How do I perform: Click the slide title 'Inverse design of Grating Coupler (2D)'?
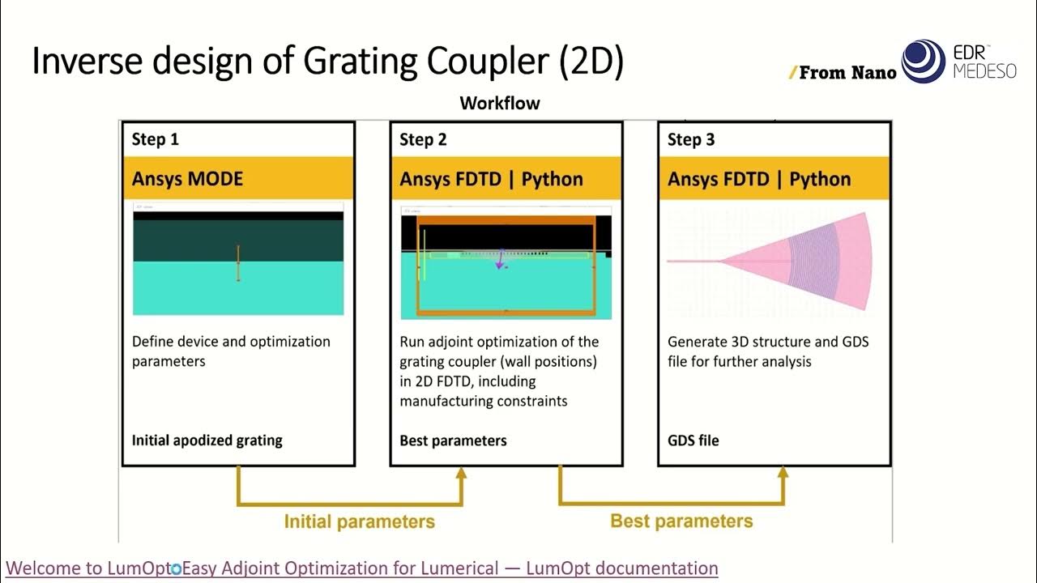pyautogui.click(x=327, y=62)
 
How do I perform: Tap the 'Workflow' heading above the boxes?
pyautogui.click(x=500, y=103)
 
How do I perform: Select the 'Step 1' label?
pyautogui.click(x=156, y=140)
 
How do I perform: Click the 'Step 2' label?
pyautogui.click(x=423, y=140)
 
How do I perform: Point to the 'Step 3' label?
pyautogui.click(x=691, y=140)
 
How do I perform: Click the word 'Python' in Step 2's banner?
pyautogui.click(x=553, y=179)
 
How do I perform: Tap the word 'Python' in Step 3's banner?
pyautogui.click(x=820, y=179)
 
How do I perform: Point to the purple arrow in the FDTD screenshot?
pyautogui.click(x=501, y=260)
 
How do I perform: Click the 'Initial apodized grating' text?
pyautogui.click(x=207, y=440)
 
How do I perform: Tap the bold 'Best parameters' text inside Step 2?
pyautogui.click(x=453, y=440)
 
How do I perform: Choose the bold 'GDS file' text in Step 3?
pyautogui.click(x=693, y=440)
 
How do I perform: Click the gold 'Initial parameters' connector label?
pyautogui.click(x=359, y=521)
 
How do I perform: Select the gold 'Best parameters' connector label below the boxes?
pyautogui.click(x=681, y=521)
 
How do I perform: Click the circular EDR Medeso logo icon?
pyautogui.click(x=924, y=61)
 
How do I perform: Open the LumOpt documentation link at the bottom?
pyautogui.click(x=362, y=568)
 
